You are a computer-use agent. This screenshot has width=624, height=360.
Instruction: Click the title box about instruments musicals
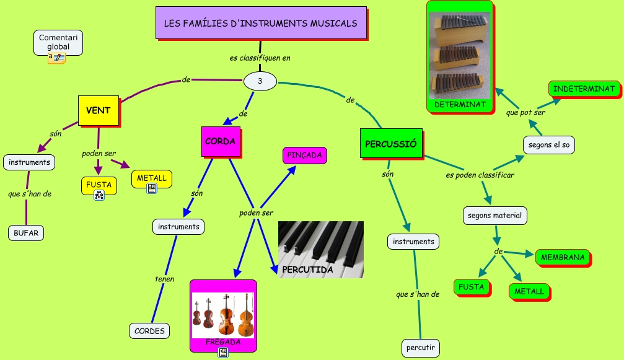click(260, 23)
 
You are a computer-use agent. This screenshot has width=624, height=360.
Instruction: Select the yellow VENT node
click(99, 110)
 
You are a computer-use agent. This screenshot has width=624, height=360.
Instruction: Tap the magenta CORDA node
click(220, 141)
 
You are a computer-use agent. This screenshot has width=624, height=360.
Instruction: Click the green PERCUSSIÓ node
click(390, 144)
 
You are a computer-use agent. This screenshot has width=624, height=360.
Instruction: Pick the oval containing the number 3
click(260, 81)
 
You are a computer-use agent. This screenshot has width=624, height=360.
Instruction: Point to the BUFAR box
click(26, 233)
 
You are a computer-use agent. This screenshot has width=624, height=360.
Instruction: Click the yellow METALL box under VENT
click(152, 178)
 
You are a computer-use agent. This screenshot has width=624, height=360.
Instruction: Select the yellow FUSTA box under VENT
click(99, 185)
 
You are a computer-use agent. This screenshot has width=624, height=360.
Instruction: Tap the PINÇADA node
click(305, 155)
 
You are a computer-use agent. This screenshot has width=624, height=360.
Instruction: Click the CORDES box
click(150, 331)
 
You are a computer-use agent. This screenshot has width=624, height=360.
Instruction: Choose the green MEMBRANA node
click(563, 257)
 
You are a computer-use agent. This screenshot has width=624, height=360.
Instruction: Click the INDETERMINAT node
click(584, 89)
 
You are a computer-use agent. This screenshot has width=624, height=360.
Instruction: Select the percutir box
click(421, 348)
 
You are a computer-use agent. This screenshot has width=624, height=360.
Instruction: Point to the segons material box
click(495, 216)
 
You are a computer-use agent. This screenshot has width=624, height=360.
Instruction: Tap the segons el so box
click(548, 145)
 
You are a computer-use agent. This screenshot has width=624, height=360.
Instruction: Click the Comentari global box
click(58, 42)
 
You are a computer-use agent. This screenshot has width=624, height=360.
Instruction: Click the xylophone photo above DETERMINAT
click(459, 55)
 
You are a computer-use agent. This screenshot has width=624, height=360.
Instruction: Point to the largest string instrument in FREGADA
click(246, 313)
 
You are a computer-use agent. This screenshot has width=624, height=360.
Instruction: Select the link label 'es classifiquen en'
click(260, 58)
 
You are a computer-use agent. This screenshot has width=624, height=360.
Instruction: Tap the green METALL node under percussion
click(529, 291)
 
